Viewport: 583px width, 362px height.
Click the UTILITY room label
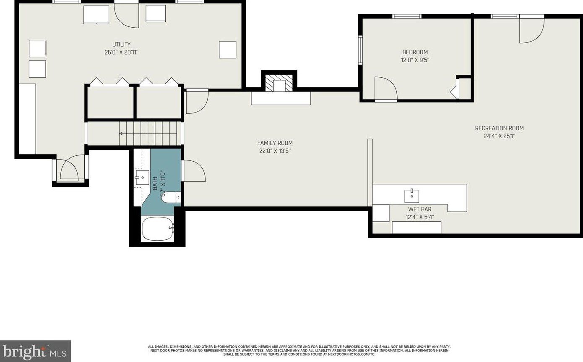pyautogui.click(x=121, y=45)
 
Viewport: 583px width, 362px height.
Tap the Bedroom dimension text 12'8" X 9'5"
pyautogui.click(x=415, y=60)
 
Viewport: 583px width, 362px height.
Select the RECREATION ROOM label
pyautogui.click(x=499, y=128)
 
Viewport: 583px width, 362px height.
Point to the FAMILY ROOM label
pyautogui.click(x=275, y=143)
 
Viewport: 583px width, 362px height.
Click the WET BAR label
pyautogui.click(x=419, y=209)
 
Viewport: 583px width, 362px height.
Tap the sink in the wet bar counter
pyautogui.click(x=411, y=196)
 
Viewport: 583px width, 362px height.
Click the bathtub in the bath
pyautogui.click(x=157, y=229)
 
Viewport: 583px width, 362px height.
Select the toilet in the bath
pyautogui.click(x=171, y=197)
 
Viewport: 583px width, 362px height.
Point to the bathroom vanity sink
pyautogui.click(x=142, y=178)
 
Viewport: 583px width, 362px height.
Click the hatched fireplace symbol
pyautogui.click(x=279, y=83)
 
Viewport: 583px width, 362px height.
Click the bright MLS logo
pyautogui.click(x=35, y=351)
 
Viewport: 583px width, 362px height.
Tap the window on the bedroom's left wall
pyautogui.click(x=360, y=50)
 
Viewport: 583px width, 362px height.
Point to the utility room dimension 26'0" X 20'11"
pyautogui.click(x=121, y=52)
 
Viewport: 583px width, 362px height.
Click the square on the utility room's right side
pyautogui.click(x=227, y=50)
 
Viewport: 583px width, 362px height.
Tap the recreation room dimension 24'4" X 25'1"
pyautogui.click(x=499, y=136)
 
